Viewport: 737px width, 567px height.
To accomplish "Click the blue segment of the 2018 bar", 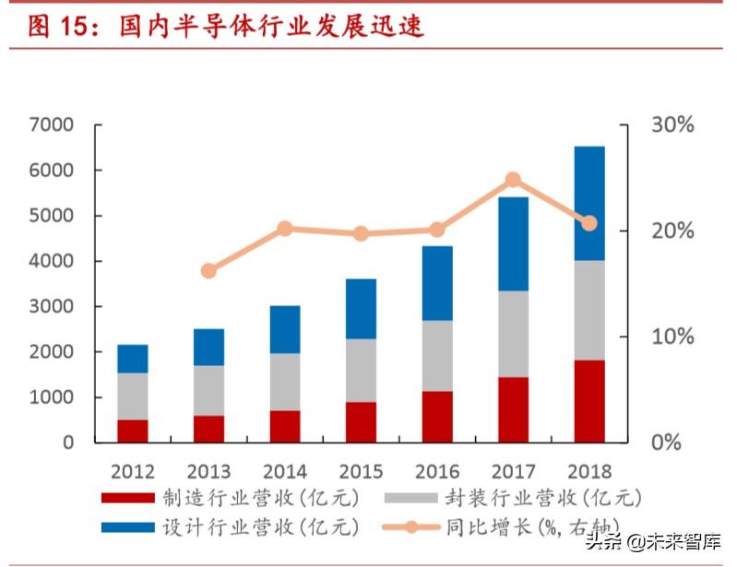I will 589,203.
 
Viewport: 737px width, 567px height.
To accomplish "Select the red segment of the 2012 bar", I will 133,431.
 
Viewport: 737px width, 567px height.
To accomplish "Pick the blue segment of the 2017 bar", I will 513,243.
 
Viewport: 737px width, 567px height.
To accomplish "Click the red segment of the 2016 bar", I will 437,417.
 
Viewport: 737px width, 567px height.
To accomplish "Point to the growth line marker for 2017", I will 513,180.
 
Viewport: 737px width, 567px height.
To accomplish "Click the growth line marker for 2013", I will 208,271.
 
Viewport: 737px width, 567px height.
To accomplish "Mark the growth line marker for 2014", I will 285,229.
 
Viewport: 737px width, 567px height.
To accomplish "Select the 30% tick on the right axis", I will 672,125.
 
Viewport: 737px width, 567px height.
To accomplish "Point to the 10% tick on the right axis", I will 672,337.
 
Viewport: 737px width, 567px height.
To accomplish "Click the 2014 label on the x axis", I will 285,472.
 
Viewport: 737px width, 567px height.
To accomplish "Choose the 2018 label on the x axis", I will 589,472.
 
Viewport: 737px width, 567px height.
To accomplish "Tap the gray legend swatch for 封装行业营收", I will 440,499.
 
